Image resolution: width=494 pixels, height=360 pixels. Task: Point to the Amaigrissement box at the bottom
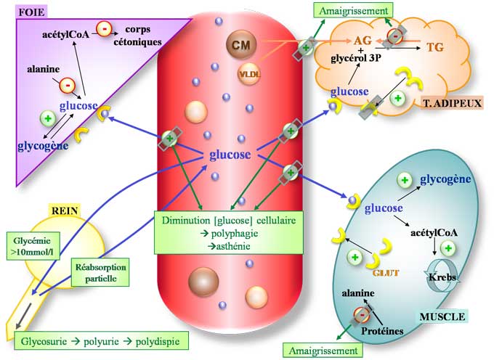[324, 350]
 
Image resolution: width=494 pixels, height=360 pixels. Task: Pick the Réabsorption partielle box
[100, 272]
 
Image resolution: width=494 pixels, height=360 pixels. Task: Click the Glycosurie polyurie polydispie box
[100, 340]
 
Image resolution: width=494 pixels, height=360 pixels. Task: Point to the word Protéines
[382, 330]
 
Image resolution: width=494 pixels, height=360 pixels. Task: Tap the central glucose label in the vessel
[230, 154]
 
